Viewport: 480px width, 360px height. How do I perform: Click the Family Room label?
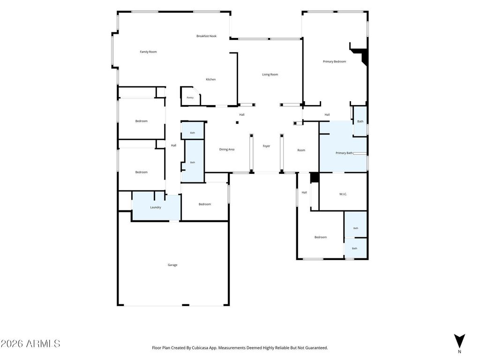coord(148,52)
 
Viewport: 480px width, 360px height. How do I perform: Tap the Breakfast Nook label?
coord(206,36)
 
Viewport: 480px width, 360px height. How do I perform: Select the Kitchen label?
coord(210,79)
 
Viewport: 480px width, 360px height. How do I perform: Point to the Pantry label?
coord(190,97)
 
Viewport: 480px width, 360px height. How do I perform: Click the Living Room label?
coord(270,75)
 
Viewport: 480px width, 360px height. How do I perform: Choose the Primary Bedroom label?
coord(334,61)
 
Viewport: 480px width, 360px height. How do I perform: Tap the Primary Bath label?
coord(344,153)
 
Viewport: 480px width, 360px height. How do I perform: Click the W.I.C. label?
coord(343,194)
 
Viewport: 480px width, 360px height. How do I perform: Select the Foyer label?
coord(266,146)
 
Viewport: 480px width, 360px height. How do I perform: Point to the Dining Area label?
coord(227,150)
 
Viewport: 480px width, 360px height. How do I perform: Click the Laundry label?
coord(156,207)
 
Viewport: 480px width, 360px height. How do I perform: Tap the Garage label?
coord(172,265)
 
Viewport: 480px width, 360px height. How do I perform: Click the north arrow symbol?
coord(459,341)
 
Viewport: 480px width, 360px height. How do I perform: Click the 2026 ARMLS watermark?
coord(30,344)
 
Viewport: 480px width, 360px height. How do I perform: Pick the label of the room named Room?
coord(301,150)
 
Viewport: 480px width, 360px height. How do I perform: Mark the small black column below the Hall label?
coord(237,122)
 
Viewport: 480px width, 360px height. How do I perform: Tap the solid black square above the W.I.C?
coord(315,178)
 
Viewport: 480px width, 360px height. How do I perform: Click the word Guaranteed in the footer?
coord(317,348)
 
